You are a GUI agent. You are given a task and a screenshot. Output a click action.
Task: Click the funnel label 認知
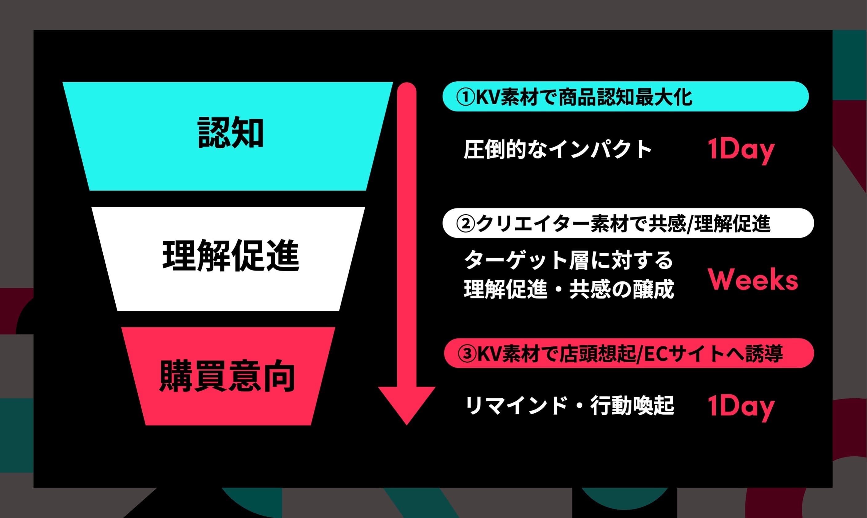click(x=230, y=133)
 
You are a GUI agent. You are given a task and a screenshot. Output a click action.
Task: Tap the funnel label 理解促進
click(x=231, y=256)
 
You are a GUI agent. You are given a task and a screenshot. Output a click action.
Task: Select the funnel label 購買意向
click(x=227, y=376)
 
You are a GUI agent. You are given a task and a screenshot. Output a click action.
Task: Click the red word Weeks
click(x=753, y=280)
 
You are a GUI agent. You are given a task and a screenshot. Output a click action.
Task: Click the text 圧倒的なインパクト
click(x=557, y=150)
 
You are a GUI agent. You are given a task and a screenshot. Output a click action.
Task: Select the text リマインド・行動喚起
click(x=570, y=406)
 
